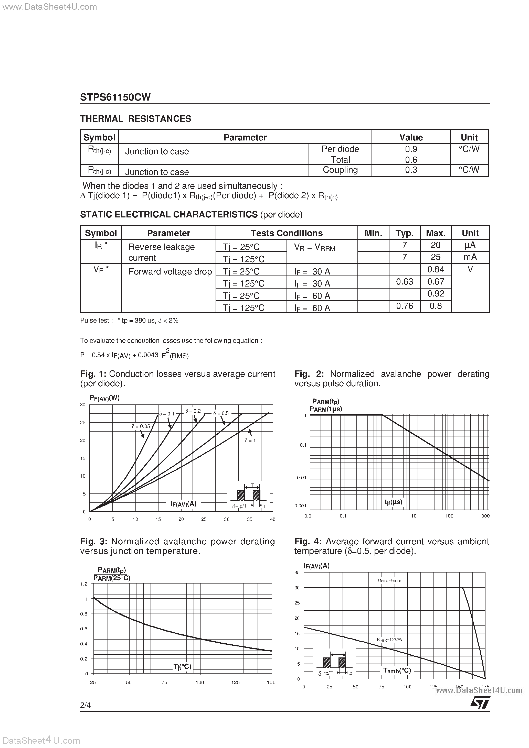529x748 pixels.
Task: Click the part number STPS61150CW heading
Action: pyautogui.click(x=115, y=97)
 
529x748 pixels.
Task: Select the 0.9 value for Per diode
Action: pyautogui.click(x=411, y=149)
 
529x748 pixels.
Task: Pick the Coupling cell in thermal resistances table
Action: pyautogui.click(x=340, y=170)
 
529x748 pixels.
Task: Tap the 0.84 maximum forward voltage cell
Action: pyautogui.click(x=435, y=269)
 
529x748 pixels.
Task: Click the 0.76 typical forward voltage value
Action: pyautogui.click(x=404, y=306)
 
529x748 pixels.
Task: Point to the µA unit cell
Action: pyautogui.click(x=470, y=245)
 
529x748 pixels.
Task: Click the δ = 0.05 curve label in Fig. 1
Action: pyautogui.click(x=141, y=426)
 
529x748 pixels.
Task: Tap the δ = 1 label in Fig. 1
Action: pyautogui.click(x=250, y=440)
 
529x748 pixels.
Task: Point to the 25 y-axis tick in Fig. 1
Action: pyautogui.click(x=83, y=423)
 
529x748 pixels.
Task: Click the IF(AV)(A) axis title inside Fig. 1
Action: pyautogui.click(x=183, y=504)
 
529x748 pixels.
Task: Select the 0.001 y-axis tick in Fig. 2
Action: pyautogui.click(x=300, y=506)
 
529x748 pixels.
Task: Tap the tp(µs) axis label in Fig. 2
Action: pyautogui.click(x=393, y=502)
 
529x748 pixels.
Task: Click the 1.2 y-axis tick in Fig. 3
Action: pyautogui.click(x=84, y=584)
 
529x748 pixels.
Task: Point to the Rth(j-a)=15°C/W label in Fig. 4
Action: pyautogui.click(x=390, y=640)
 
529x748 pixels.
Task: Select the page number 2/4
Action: pyautogui.click(x=86, y=705)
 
